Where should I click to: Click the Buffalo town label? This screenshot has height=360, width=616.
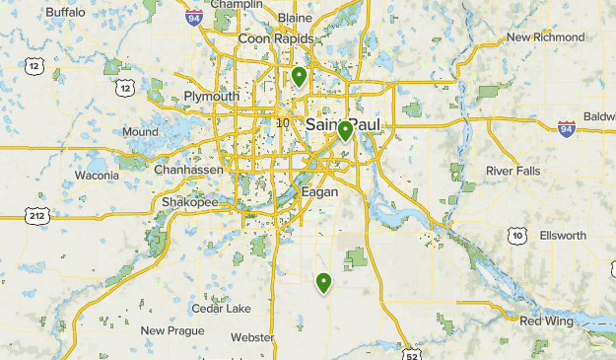pyautogui.click(x=66, y=12)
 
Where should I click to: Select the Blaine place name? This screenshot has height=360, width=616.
pyautogui.click(x=296, y=18)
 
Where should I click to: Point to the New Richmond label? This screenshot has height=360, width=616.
pyautogui.click(x=545, y=37)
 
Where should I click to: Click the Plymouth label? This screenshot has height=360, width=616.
pyautogui.click(x=211, y=97)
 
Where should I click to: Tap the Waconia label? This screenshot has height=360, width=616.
pyautogui.click(x=98, y=176)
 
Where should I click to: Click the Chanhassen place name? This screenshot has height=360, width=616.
pyautogui.click(x=187, y=170)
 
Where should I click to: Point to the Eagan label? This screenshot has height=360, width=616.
pyautogui.click(x=320, y=192)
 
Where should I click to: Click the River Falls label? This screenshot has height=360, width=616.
pyautogui.click(x=513, y=171)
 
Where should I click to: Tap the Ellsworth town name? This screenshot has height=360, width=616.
pyautogui.click(x=563, y=236)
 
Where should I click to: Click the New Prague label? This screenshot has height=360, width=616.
pyautogui.click(x=172, y=330)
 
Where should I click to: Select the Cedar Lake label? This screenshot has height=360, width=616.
pyautogui.click(x=222, y=308)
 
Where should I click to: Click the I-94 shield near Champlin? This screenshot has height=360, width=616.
pyautogui.click(x=194, y=16)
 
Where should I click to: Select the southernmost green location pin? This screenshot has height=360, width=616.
pyautogui.click(x=323, y=283)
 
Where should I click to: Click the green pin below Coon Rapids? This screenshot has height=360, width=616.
pyautogui.click(x=299, y=75)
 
